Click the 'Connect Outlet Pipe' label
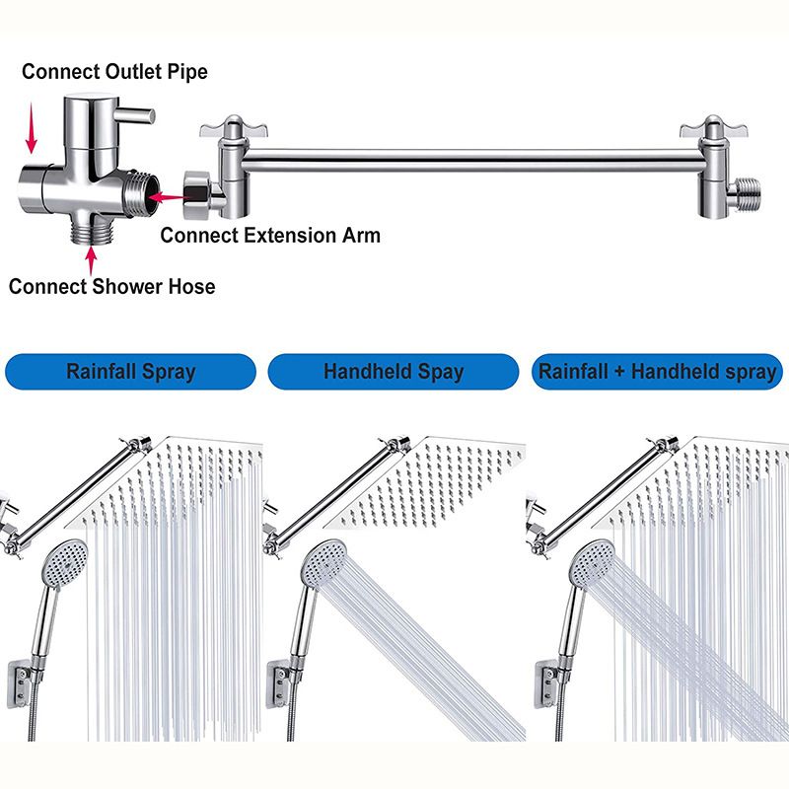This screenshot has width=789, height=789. click(114, 71)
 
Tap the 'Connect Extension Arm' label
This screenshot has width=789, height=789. click(269, 235)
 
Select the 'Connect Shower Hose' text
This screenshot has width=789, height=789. click(111, 287)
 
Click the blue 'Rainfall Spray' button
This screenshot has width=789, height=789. click(130, 372)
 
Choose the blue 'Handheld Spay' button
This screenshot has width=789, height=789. click(393, 372)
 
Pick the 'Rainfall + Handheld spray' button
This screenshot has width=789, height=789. click(656, 372)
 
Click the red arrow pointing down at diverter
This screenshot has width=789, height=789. click(32, 129)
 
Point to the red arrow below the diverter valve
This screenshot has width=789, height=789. click(92, 259)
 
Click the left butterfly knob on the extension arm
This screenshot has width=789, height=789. click(224, 128)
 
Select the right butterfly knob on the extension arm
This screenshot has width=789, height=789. click(706, 128)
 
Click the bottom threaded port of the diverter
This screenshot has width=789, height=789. click(92, 229)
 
